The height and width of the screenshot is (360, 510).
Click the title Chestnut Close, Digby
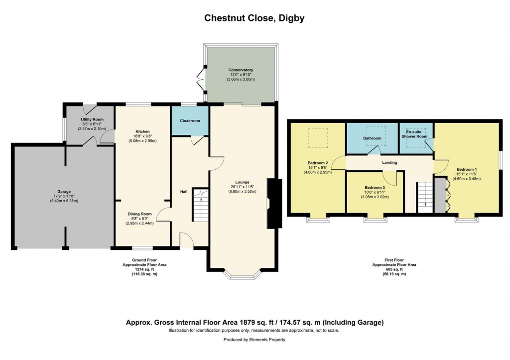(x=255, y=18)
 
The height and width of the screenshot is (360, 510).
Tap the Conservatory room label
(x=241, y=70)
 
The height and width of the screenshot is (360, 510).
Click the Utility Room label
(x=92, y=120)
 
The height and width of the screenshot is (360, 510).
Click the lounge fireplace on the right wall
(x=273, y=198)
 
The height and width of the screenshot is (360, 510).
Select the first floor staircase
(x=424, y=197)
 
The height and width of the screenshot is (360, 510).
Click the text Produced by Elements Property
(x=255, y=340)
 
